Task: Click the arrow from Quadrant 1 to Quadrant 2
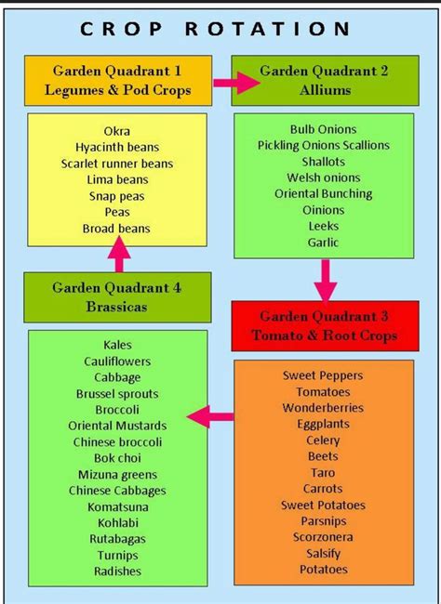(236, 83)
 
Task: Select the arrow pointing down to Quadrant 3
(326, 280)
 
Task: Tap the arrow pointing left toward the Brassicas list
(210, 416)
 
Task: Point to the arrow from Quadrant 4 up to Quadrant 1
(119, 255)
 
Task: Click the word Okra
(117, 131)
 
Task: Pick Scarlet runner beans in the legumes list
(117, 164)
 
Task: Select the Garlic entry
(324, 243)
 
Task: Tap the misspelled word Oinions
(324, 210)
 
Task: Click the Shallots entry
(324, 162)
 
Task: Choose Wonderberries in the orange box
(323, 408)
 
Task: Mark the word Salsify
(324, 554)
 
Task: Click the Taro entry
(323, 473)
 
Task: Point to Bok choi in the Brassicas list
(117, 458)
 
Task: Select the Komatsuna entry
(117, 507)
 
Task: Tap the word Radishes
(117, 571)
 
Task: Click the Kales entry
(117, 345)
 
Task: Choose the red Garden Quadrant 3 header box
(326, 326)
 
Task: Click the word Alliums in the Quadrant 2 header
(326, 90)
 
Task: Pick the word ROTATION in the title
(267, 30)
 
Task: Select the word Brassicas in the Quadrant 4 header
(117, 307)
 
